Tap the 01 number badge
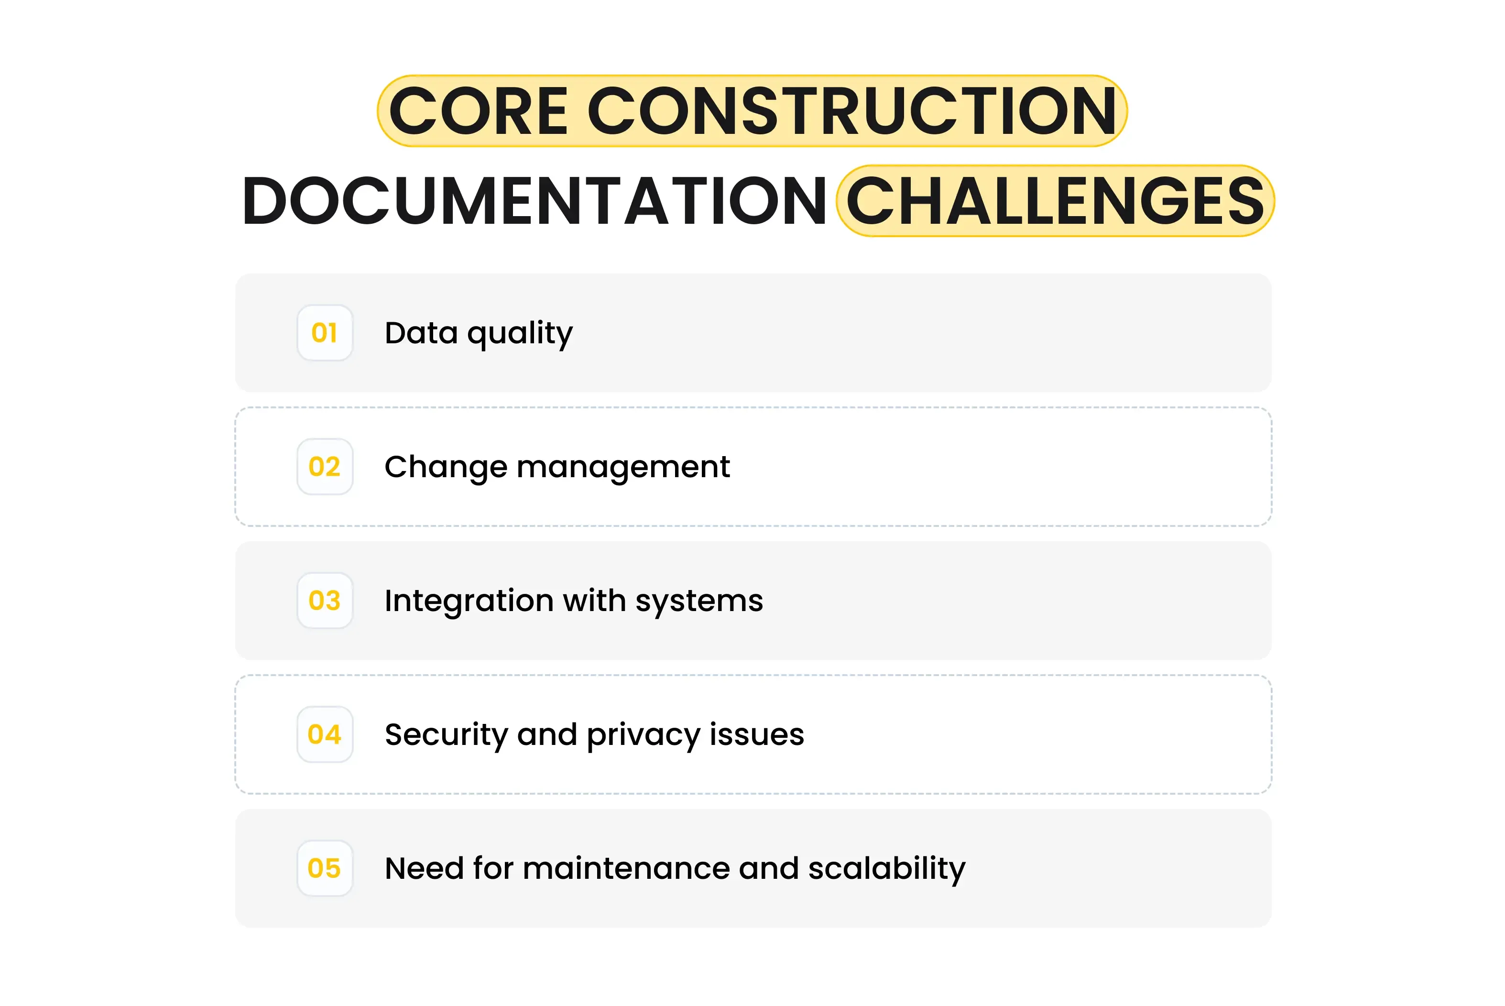tap(325, 333)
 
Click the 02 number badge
tap(325, 467)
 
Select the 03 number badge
tap(325, 601)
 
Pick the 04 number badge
tap(325, 734)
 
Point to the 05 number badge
tap(325, 868)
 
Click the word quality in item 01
tap(520, 334)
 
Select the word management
tap(623, 467)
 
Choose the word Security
tap(446, 735)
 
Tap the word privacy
tap(643, 735)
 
